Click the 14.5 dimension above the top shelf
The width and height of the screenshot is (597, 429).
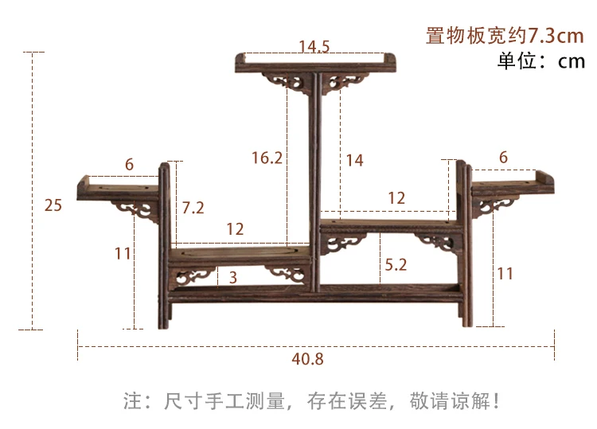coord(314,46)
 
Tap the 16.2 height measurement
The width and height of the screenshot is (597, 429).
coord(267,158)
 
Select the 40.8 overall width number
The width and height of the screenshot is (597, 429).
coord(307,359)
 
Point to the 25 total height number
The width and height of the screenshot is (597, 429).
coord(53,205)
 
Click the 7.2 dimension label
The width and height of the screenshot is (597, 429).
coord(193,208)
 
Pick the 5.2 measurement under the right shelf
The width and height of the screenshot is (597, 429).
coord(396,265)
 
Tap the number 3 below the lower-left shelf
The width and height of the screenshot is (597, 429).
coord(232,277)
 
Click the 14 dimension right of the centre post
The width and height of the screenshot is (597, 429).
coord(354,160)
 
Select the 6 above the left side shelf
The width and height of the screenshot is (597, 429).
coord(129,164)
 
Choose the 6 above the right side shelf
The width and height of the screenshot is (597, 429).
coord(502,158)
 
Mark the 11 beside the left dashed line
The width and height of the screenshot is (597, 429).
coord(122,254)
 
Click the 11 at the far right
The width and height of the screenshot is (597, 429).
coord(505,273)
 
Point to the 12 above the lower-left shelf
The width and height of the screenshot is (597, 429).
coord(235,229)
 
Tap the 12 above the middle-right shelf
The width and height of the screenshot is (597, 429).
coord(396,198)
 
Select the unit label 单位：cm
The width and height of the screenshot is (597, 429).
coord(540,61)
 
